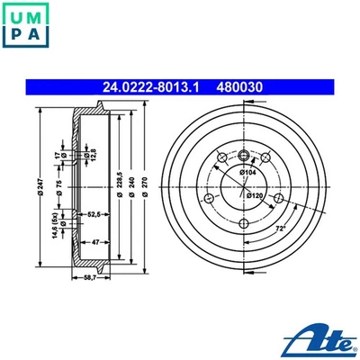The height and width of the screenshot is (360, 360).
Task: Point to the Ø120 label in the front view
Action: tap(254, 193)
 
